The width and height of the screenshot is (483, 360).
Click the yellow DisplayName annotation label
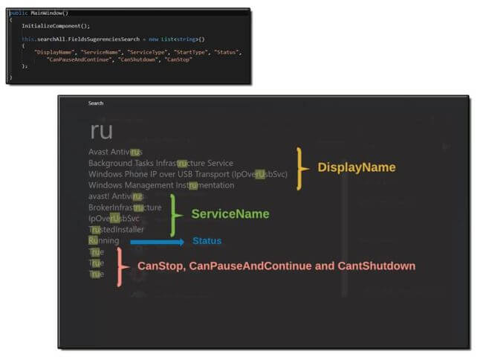357,167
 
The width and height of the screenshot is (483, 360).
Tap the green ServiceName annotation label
230,214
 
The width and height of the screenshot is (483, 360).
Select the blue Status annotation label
207,241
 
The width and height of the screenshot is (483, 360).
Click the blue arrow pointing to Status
157,241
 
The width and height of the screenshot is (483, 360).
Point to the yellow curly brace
301,168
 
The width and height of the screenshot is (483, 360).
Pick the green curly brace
175,215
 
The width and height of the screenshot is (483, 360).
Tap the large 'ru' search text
101,132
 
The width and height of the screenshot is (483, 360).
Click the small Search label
96,103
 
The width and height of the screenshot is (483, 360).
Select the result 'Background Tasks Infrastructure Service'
161,163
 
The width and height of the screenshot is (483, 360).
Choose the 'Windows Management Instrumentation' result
161,185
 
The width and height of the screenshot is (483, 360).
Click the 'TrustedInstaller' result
116,230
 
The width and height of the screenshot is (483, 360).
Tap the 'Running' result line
103,241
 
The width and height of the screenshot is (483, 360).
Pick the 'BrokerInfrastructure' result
125,208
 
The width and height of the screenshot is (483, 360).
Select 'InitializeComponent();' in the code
51,26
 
